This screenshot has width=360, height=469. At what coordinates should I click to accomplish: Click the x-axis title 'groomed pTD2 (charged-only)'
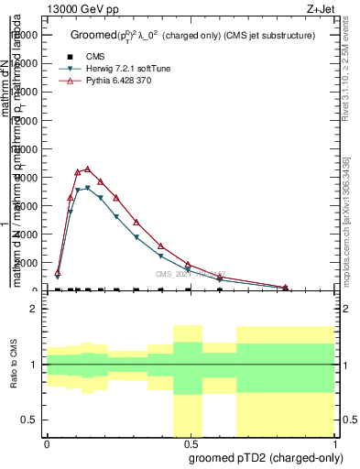tap(262, 456)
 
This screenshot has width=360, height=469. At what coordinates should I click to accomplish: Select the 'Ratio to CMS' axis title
tap(15, 365)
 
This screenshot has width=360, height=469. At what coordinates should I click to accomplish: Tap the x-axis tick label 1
tap(334, 443)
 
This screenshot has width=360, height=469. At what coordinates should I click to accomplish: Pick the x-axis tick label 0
tap(47, 443)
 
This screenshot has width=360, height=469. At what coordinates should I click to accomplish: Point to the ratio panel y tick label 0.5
tap(29, 420)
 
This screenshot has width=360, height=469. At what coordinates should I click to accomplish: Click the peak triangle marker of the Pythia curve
tap(87, 169)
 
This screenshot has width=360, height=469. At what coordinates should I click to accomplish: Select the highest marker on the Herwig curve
tap(87, 188)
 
